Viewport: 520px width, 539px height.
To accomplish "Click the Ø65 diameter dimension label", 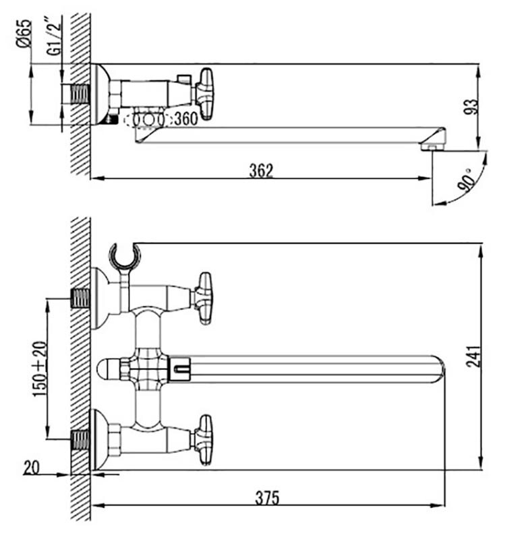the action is click(x=24, y=34).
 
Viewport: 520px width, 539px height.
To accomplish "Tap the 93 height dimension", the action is click(x=471, y=107).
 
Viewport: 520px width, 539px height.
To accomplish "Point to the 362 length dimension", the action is click(x=261, y=171).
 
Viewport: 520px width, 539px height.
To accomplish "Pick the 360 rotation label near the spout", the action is click(x=186, y=119).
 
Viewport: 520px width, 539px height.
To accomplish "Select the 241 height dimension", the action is click(x=473, y=356).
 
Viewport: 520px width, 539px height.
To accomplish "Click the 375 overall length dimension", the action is click(x=267, y=497).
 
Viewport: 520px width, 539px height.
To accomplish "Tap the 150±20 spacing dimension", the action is click(x=40, y=369).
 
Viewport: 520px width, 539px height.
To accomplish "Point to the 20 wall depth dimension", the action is click(x=32, y=468).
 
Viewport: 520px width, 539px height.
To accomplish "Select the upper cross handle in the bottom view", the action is click(x=203, y=298).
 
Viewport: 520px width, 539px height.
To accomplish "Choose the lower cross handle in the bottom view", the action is click(x=203, y=440).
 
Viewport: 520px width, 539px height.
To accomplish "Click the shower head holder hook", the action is click(x=125, y=256).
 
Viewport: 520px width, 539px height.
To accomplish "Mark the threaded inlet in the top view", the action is click(x=80, y=94).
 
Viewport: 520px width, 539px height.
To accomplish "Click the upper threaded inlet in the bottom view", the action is click(x=81, y=298).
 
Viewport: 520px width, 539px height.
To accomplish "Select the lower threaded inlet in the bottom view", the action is click(x=81, y=439).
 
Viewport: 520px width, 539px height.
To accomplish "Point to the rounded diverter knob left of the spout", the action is click(x=108, y=369).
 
